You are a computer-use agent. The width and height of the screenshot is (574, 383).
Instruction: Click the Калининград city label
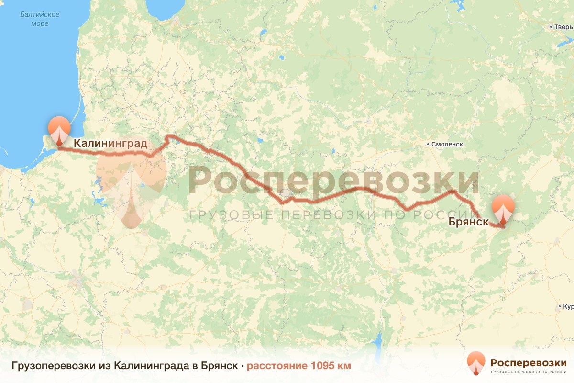pyautogui.click(x=110, y=143)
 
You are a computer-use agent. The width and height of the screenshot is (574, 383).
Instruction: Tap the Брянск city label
pyautogui.click(x=468, y=222)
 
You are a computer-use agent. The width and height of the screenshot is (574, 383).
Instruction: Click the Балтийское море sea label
pyautogui.click(x=40, y=19)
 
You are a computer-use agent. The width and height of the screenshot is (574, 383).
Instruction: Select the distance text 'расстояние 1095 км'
pyautogui.click(x=299, y=366)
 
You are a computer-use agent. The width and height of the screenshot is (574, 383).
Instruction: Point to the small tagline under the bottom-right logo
pyautogui.click(x=529, y=372)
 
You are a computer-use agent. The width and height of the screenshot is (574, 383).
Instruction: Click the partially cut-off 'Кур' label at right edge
pyautogui.click(x=567, y=306)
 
